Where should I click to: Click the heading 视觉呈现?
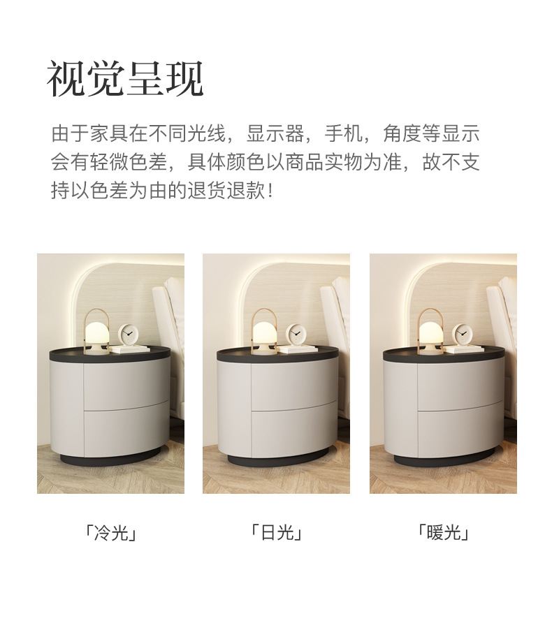125,79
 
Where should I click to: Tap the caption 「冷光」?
111,533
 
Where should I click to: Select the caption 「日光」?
277,532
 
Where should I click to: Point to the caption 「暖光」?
443,532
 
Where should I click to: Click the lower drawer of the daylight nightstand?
294,430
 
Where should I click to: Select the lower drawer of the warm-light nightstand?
461,430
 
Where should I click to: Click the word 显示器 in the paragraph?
275,133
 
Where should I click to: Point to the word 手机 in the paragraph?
344,133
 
